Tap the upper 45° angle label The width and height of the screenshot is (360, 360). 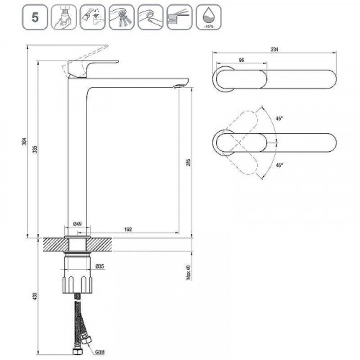tap(279, 120)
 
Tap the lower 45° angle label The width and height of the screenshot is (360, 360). tap(279, 165)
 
